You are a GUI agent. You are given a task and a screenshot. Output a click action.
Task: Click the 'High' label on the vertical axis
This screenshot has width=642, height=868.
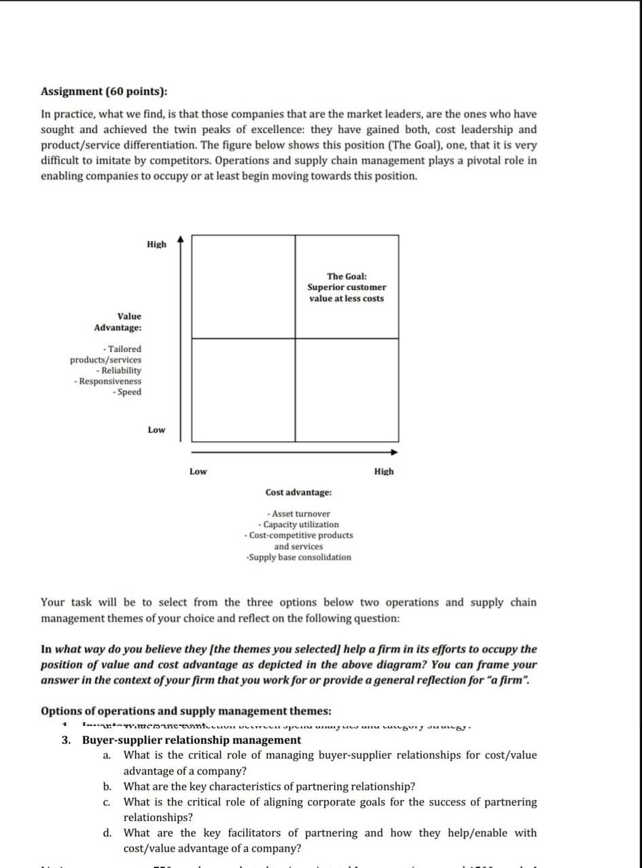click(156, 245)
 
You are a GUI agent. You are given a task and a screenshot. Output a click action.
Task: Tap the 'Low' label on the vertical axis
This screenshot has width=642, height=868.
click(156, 430)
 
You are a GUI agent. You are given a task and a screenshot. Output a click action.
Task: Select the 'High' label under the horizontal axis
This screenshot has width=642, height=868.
click(383, 471)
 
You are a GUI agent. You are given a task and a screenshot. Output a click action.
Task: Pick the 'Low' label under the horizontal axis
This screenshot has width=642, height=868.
click(198, 471)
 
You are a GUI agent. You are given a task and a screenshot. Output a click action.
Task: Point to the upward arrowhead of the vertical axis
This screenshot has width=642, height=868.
click(180, 239)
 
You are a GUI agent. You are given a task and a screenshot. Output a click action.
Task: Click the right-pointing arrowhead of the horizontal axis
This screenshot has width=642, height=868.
click(393, 452)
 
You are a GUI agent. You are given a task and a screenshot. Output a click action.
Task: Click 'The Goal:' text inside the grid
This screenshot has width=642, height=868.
click(346, 276)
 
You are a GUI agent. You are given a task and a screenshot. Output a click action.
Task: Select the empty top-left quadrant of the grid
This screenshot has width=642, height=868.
click(243, 286)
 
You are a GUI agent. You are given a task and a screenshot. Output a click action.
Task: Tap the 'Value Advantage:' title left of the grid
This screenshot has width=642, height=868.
click(119, 322)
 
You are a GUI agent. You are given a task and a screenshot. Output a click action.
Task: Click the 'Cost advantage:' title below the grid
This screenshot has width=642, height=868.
click(299, 492)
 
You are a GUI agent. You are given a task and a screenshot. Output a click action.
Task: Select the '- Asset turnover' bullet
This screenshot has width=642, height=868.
click(299, 514)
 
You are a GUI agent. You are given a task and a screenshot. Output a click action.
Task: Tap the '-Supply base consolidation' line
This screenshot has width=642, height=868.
click(299, 558)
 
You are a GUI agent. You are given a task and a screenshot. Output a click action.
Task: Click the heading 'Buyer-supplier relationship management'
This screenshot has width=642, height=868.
click(192, 740)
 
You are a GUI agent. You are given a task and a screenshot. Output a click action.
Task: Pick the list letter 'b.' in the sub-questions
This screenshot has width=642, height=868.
click(107, 786)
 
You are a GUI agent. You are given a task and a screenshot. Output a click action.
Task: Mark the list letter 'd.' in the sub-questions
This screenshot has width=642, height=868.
click(107, 833)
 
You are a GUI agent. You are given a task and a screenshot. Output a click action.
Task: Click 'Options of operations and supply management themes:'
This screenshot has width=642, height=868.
click(186, 711)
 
